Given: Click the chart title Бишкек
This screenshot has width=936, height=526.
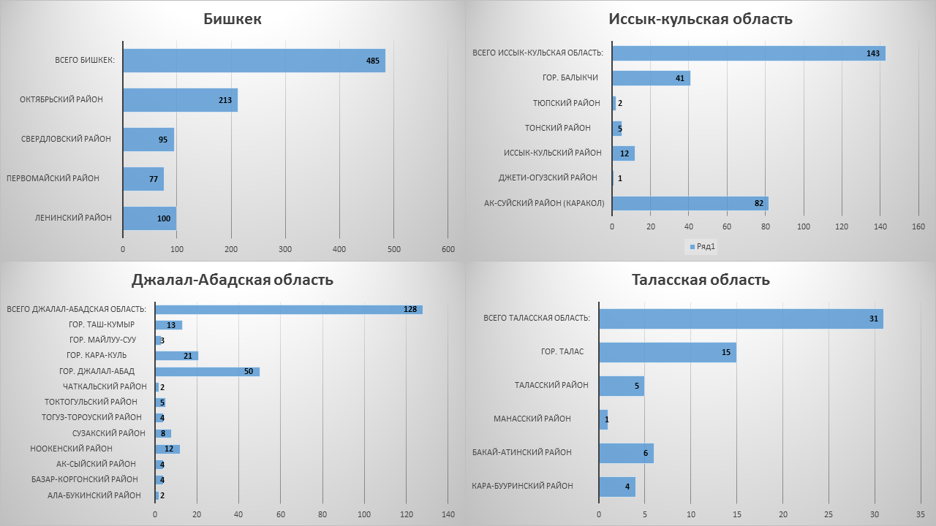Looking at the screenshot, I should pos(233,19).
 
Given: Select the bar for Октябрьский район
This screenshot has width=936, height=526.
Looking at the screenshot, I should pos(180,100).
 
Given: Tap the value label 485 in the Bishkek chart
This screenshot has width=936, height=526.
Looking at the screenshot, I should pos(373,61).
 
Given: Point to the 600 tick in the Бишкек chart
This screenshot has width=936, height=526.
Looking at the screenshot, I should pos(448,250).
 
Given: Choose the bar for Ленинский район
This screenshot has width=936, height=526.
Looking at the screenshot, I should pos(149,218).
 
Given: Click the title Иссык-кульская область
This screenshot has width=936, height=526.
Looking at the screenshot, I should pos(701,19).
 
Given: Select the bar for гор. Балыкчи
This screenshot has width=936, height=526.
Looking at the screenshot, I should pos(651,78).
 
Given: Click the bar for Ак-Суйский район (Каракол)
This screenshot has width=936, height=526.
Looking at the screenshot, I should pos(690,203).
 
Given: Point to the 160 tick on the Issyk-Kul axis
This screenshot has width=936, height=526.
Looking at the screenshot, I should pos(918,227).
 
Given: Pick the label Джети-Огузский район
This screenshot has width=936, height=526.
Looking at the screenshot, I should pos(548,178).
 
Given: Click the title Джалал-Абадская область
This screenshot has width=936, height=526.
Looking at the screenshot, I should pos(233,280).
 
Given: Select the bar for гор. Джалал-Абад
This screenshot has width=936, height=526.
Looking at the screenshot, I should pos(207,371).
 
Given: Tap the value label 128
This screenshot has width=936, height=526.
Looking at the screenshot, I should pos(410,310).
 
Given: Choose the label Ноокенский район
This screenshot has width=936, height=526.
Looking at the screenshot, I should pos(72,449).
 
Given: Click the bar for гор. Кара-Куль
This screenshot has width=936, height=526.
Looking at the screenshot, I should pos(176,356).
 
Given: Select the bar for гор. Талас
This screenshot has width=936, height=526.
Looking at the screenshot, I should pos(667,353).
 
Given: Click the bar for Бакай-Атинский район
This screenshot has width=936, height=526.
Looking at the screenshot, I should pos(626,453).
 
